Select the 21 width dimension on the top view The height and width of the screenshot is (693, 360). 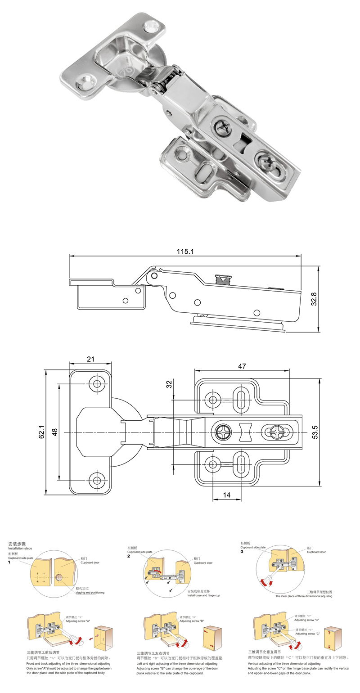[90, 359]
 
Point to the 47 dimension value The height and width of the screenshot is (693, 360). [242, 366]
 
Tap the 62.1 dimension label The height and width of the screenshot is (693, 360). [42, 432]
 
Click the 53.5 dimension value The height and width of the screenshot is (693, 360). [315, 432]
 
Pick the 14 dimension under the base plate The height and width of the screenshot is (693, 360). [226, 495]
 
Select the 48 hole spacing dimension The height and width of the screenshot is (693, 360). [55, 432]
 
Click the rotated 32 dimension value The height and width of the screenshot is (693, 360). [169, 384]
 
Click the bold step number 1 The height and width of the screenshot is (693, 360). [9, 562]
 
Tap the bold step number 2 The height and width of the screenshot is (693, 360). [129, 556]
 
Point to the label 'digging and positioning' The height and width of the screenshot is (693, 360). [90, 593]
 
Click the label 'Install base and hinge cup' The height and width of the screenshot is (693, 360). [203, 595]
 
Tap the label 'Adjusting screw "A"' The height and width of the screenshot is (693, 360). [78, 621]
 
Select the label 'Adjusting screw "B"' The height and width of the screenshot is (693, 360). [192, 621]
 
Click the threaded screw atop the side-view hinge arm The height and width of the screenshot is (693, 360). [223, 279]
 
